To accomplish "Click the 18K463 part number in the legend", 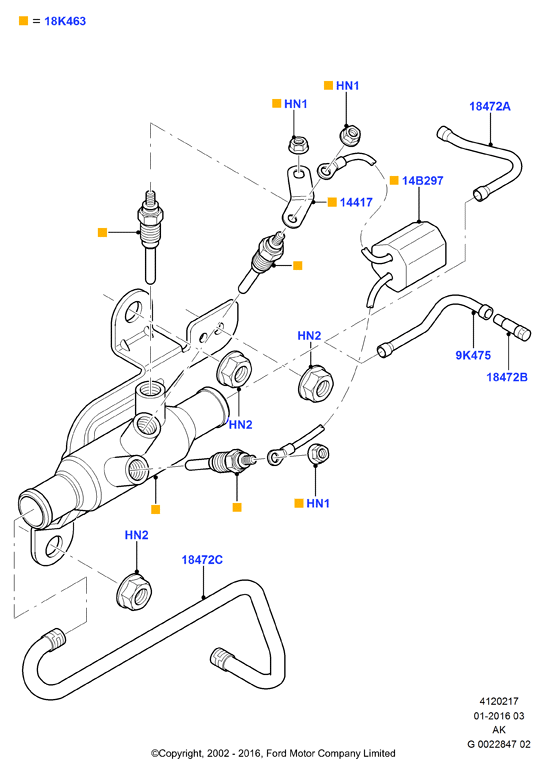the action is pos(65,21).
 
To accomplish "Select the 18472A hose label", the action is pos(490,106).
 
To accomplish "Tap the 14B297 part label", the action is pos(422,180).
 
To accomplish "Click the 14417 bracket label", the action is pos(356,202).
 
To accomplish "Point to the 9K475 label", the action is pos(473,355).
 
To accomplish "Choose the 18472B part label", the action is pos(507,377).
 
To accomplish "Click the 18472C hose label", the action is pos(202,560).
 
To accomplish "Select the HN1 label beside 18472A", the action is pos(347,86).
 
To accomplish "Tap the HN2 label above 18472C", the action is pos(136,535).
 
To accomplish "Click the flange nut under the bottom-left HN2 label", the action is pos(135,591).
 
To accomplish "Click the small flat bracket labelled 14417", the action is pos(298,197).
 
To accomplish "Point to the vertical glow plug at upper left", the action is pos(150,237).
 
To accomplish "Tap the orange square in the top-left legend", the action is pos(24,21).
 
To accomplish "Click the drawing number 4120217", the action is pos(499,701).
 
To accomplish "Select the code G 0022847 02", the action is pos(499,744).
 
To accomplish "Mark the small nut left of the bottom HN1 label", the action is pos(318,454).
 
